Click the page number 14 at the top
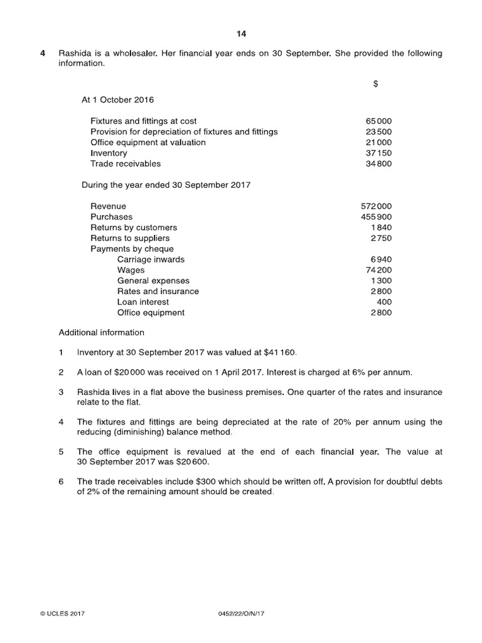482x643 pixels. click(242, 34)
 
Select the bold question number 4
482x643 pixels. click(42, 53)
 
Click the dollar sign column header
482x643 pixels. click(375, 84)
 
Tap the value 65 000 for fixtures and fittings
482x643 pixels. click(378, 121)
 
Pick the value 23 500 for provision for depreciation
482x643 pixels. click(378, 132)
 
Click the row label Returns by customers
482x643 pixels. click(134, 228)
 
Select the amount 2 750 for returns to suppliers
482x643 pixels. click(381, 239)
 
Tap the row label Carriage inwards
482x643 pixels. click(151, 260)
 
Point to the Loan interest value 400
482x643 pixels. click(384, 302)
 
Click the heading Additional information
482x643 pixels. click(101, 333)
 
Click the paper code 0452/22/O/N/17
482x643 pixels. click(240, 613)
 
